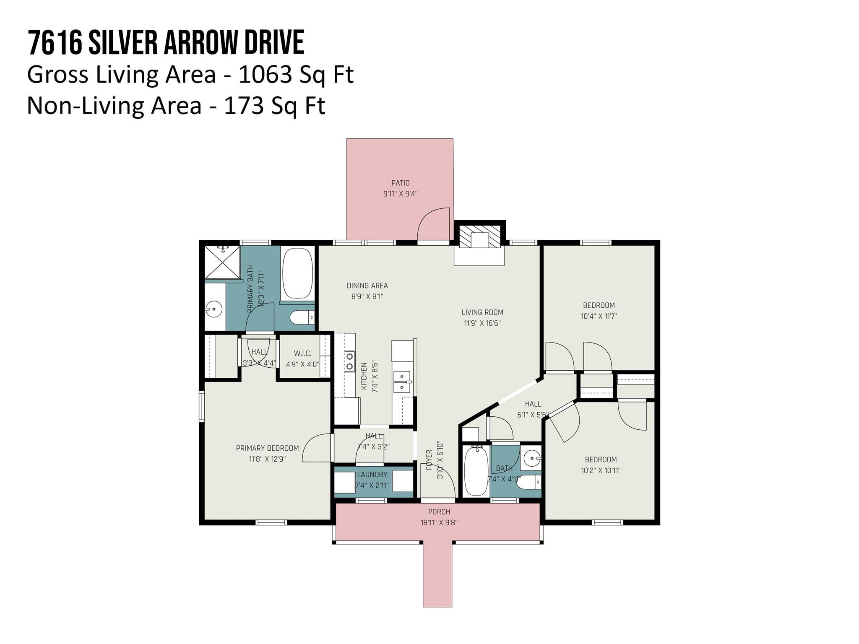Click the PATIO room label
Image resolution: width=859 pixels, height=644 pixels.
click(x=400, y=183)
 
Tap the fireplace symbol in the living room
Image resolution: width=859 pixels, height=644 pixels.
click(x=479, y=240)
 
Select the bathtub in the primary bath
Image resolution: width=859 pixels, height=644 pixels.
click(x=297, y=273)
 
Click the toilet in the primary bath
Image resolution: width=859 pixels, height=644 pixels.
click(x=302, y=317)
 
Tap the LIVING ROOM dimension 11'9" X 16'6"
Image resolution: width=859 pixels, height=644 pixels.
click(x=482, y=323)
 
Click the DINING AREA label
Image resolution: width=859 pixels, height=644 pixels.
click(x=367, y=286)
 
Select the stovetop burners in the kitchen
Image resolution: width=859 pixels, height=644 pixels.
click(x=349, y=361)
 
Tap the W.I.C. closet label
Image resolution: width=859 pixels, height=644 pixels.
click(x=302, y=353)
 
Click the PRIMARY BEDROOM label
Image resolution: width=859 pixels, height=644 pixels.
click(x=267, y=448)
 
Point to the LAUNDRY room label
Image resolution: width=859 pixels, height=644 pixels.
click(x=372, y=475)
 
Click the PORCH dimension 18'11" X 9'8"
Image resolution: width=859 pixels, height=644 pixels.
click(x=439, y=523)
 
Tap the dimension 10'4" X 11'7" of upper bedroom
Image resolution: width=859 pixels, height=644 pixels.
click(x=599, y=316)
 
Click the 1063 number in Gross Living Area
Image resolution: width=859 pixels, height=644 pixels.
click(x=264, y=75)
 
